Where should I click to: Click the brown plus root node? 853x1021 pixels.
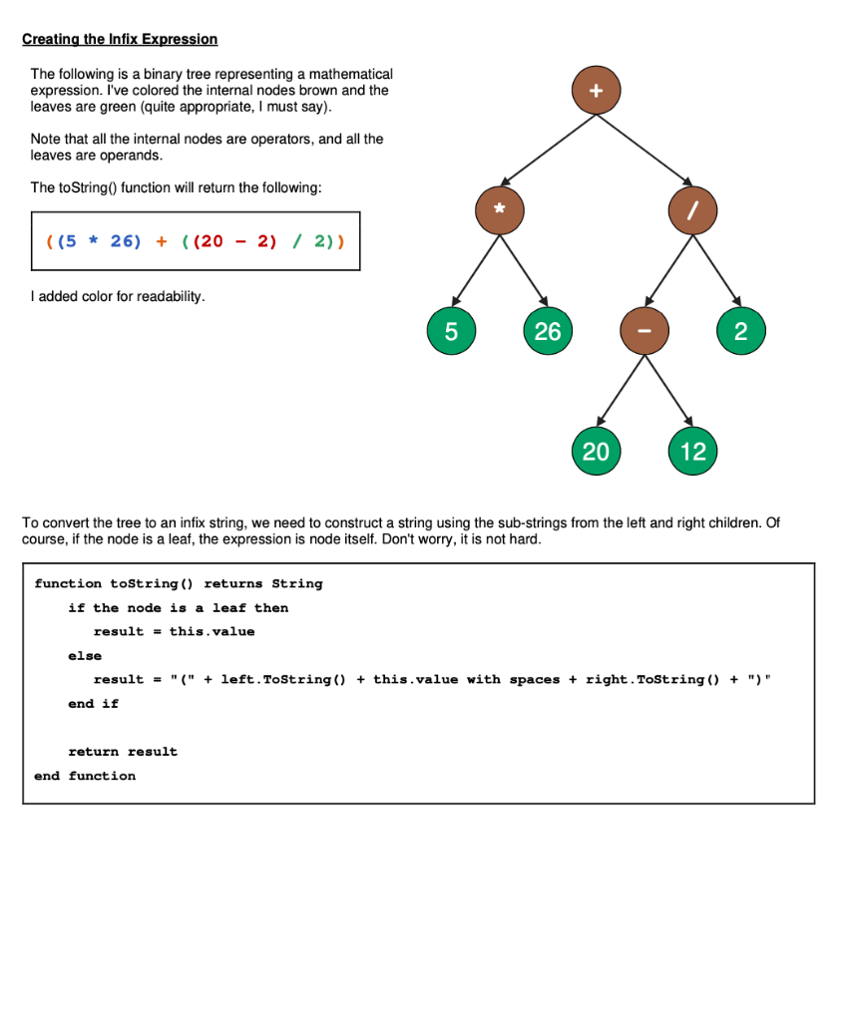596,91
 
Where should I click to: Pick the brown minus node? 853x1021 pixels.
644,331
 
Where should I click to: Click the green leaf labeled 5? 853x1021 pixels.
451,331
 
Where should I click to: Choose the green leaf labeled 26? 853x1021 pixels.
548,331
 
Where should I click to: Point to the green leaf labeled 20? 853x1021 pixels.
596,452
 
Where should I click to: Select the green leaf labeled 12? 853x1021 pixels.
692,452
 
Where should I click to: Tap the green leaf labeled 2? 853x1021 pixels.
740,331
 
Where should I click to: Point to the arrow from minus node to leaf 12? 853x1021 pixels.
668,391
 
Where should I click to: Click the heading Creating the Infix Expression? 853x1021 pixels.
120,39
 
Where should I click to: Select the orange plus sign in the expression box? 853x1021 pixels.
161,241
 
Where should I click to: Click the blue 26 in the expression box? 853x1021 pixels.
126,241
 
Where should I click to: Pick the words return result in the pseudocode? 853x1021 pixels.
123,752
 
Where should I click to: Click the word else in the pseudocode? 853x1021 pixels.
85,656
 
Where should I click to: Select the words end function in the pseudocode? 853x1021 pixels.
85,776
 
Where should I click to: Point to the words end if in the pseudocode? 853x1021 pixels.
93,704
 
